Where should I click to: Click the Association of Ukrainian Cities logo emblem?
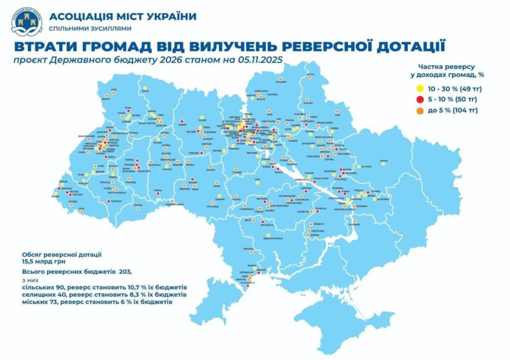coord(26,21)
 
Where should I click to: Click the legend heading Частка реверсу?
coord(447,67)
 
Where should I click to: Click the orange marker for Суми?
coord(338,112)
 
